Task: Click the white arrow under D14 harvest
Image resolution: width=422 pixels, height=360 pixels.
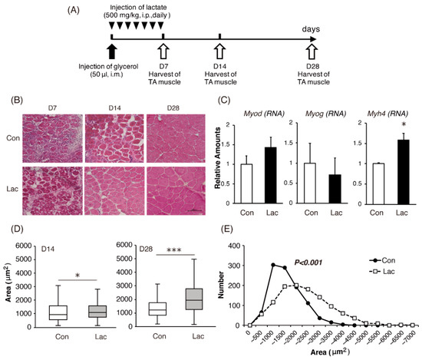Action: (220, 51)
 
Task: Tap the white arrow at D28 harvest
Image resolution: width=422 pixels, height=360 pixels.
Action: (312, 51)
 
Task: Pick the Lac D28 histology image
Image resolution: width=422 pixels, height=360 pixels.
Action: (176, 191)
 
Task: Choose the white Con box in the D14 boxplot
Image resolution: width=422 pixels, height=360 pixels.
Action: (58, 312)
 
